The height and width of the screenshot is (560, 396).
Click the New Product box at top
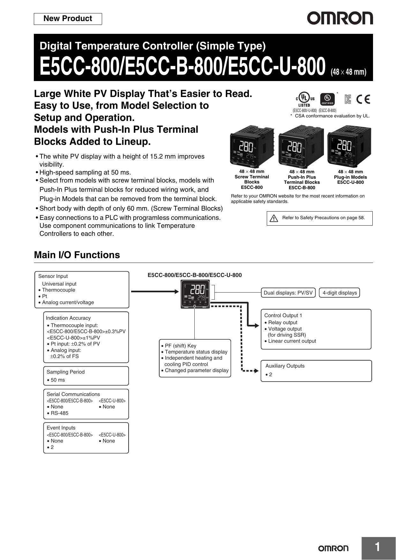[68, 19]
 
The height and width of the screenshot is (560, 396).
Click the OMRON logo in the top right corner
[340, 19]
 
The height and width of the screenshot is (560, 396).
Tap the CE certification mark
[363, 100]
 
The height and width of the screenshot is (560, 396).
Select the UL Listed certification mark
[305, 100]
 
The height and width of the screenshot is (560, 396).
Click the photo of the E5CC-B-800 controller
[301, 147]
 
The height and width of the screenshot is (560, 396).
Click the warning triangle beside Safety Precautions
[274, 218]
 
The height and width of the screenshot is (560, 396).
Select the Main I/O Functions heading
[77, 255]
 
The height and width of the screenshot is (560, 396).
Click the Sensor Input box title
[53, 276]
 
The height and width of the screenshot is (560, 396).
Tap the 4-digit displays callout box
[340, 293]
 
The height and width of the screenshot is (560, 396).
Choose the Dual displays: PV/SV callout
[288, 293]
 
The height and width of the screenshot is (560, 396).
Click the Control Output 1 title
[283, 316]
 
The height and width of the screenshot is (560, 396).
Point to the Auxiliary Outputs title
[285, 366]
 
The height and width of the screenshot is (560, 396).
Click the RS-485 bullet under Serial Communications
[59, 413]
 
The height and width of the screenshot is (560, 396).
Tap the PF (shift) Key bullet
[180, 346]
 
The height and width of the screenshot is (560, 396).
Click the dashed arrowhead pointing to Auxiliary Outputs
[256, 371]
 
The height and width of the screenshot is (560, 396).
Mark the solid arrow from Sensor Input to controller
[155, 291]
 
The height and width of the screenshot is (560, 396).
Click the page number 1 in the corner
[377, 547]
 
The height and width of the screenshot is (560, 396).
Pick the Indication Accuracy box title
[68, 318]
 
